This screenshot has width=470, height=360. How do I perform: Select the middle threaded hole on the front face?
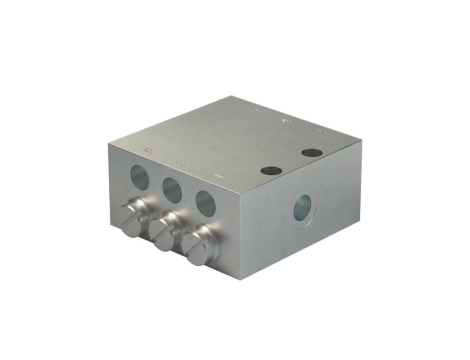point(171,187)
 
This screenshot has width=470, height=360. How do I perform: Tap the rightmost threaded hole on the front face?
point(205,200)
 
